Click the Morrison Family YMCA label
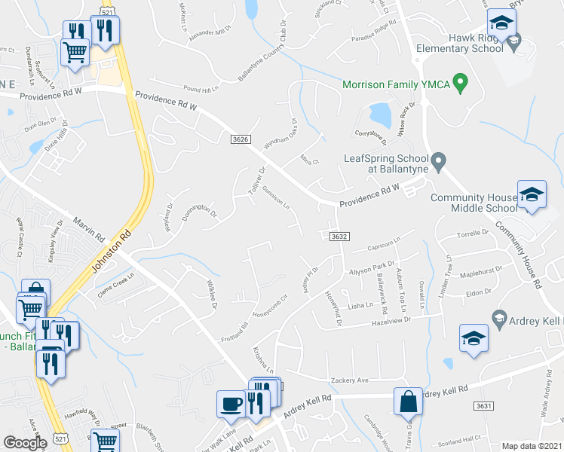click(x=396, y=84)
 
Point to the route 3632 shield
click(x=339, y=237)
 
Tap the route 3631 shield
click(x=484, y=406)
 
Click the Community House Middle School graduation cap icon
click(x=532, y=195)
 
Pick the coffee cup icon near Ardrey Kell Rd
click(x=231, y=403)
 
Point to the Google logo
click(x=25, y=443)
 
